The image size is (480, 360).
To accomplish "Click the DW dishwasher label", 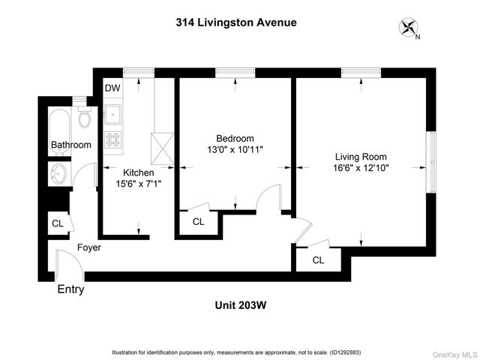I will point(112,88).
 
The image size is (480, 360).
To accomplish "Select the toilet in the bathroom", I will point(84,118).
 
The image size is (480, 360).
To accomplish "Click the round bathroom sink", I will point(58,174).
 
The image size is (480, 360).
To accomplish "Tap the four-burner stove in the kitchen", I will point(112,139).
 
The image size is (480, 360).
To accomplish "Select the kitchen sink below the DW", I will point(112,114).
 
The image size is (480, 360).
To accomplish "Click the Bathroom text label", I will point(70,145).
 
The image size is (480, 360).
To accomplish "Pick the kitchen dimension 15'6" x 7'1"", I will point(138,182).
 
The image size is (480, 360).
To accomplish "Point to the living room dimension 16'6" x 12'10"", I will point(361,168).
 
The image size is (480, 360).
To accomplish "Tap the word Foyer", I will point(88,247).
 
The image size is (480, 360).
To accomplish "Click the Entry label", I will point(71,289).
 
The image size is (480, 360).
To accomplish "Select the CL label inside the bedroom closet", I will point(198,222).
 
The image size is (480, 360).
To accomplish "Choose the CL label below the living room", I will point(318,260).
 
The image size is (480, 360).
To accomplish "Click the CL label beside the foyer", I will point(58,223).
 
